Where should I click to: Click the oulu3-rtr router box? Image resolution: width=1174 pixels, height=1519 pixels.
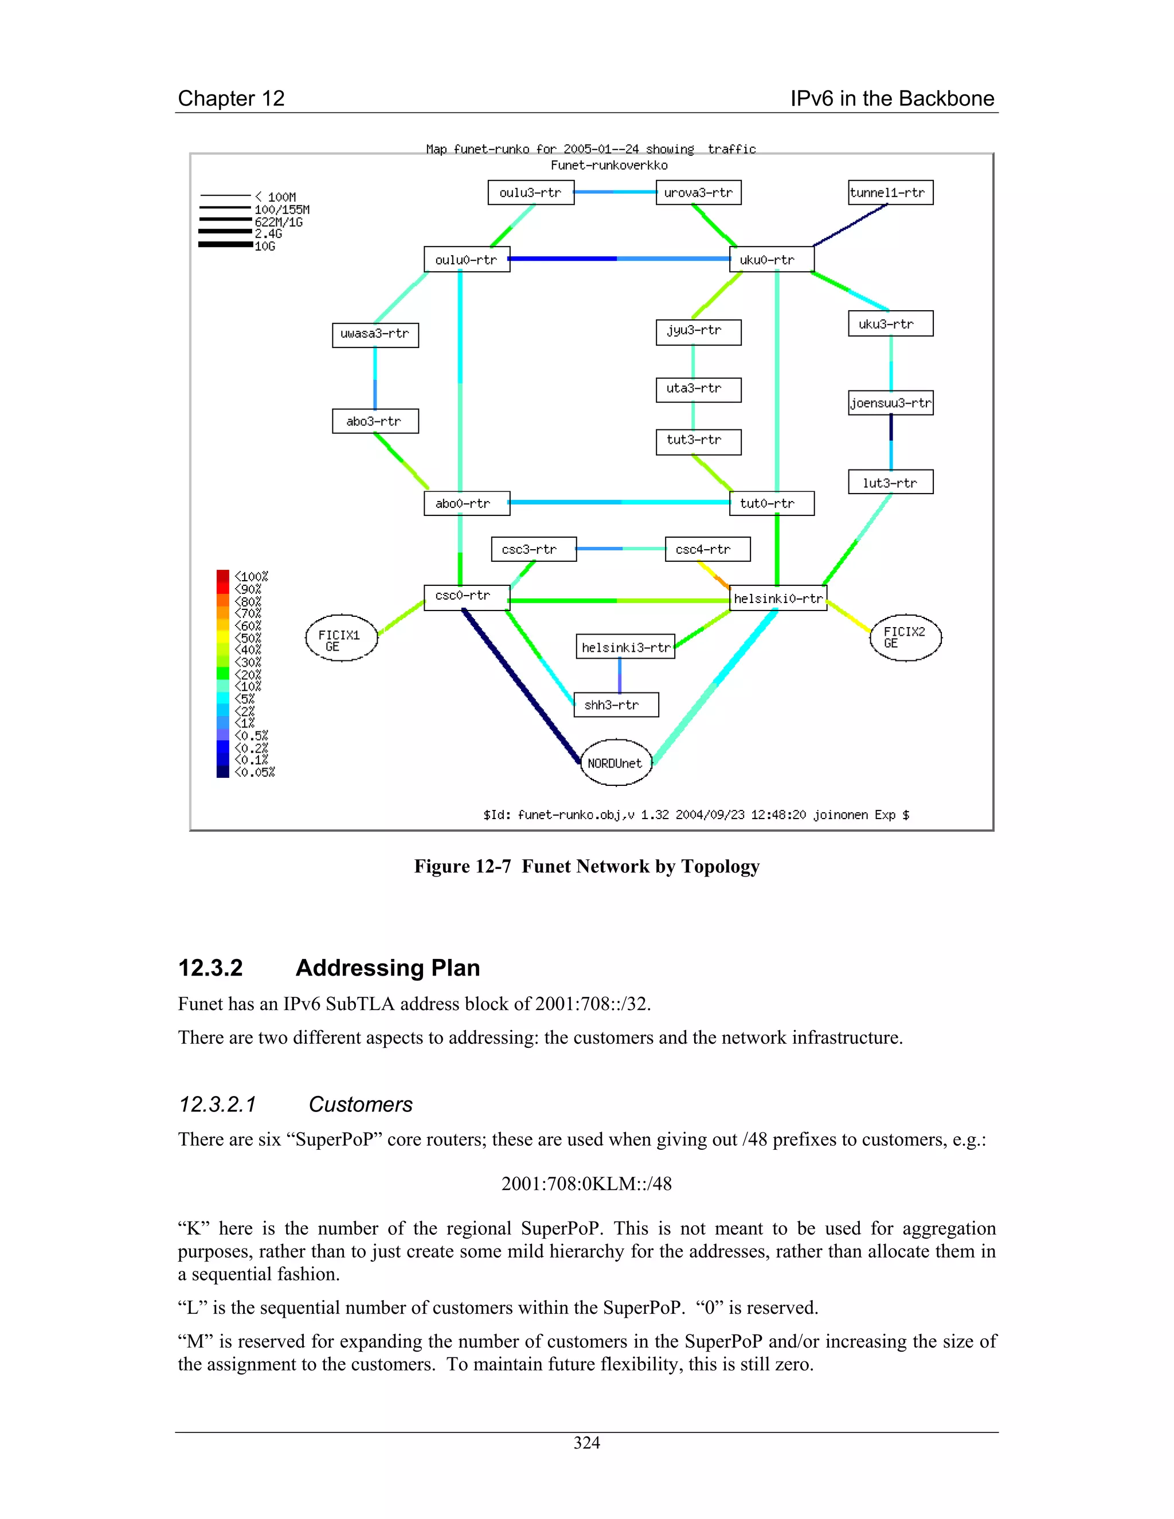531,193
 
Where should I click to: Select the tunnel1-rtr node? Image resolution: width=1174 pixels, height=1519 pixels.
890,193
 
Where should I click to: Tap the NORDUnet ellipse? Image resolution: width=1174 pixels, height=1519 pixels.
616,763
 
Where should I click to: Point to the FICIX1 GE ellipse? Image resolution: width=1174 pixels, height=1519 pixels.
341,638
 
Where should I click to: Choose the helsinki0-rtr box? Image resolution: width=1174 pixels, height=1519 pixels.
777,598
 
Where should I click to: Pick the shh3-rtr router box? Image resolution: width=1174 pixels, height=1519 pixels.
616,704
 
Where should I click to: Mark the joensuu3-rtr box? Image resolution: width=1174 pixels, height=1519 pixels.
890,403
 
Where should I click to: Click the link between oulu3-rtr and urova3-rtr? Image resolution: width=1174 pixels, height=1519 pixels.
615,192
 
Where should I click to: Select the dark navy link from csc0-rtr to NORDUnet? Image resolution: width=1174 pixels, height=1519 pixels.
522,687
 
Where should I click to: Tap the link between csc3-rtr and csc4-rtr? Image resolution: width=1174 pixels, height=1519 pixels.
620,549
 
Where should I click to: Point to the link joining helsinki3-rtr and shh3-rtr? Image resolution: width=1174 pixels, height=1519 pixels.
620,675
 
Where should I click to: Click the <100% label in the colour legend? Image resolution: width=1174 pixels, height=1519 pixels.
251,577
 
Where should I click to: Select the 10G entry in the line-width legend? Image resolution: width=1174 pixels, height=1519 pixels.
265,246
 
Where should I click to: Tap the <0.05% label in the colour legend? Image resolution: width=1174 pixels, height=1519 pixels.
255,772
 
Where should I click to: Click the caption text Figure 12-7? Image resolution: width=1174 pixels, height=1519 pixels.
463,867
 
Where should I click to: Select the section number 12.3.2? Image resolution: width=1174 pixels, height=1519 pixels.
210,968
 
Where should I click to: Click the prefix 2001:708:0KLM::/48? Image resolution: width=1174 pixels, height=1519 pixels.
586,1184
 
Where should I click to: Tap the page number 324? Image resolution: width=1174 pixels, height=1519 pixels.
586,1443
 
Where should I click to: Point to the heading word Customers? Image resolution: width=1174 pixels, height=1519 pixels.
360,1105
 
